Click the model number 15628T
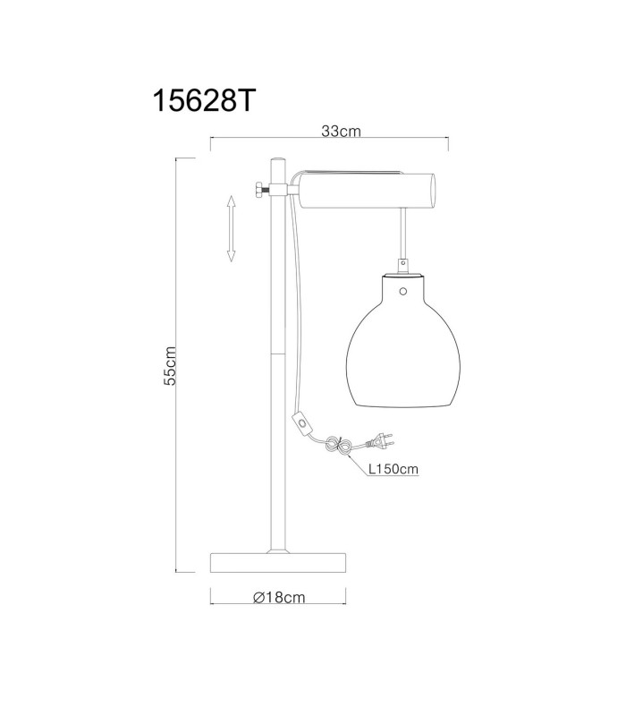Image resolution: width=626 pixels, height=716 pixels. tap(204, 100)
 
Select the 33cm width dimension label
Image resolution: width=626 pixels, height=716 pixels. tap(341, 131)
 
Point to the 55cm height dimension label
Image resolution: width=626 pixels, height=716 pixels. tap(170, 366)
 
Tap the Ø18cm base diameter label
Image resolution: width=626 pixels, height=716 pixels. tap(279, 597)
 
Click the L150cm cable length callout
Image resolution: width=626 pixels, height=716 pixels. tap(393, 469)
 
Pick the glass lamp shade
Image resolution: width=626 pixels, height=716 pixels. tap(403, 341)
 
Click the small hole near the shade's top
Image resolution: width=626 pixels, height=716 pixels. tap(402, 291)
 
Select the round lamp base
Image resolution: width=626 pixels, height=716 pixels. tap(278, 563)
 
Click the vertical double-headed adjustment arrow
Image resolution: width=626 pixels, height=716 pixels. tap(232, 228)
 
